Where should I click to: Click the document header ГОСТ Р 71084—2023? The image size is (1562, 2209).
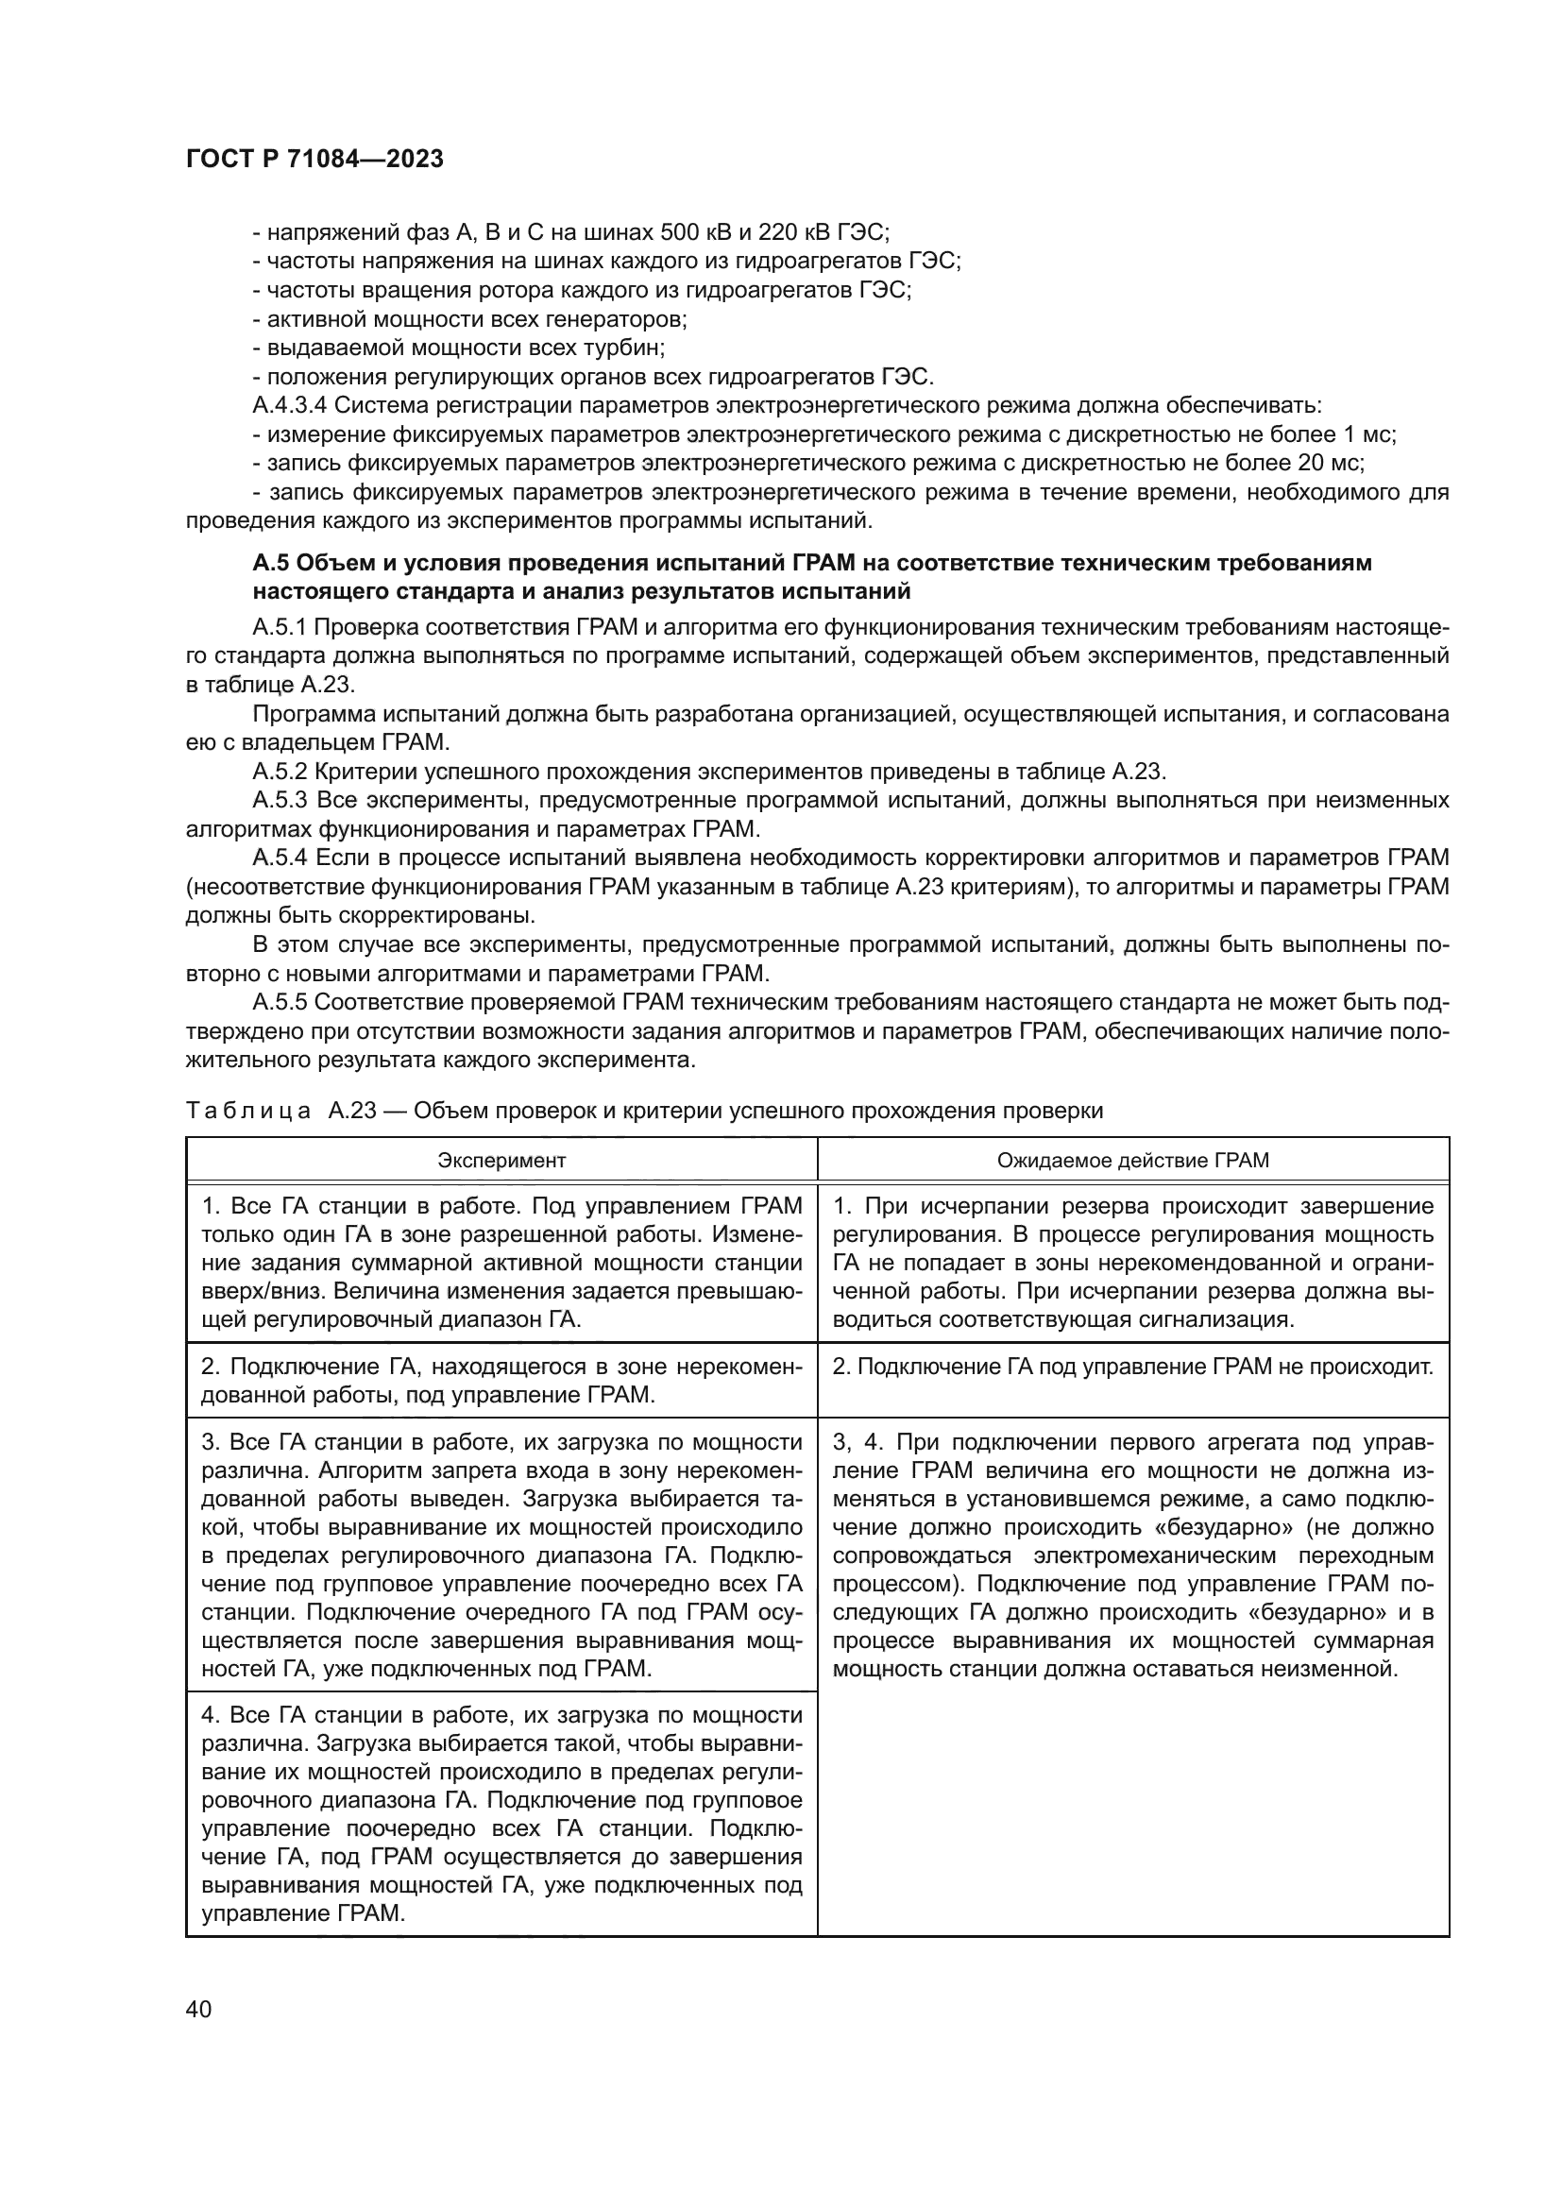click(x=314, y=160)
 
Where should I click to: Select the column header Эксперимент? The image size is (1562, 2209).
click(x=501, y=1160)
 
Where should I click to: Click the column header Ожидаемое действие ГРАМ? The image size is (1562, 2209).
click(x=1132, y=1160)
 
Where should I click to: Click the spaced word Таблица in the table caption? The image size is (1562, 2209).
click(x=248, y=1112)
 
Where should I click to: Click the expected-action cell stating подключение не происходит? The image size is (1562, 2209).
click(x=1132, y=1368)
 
